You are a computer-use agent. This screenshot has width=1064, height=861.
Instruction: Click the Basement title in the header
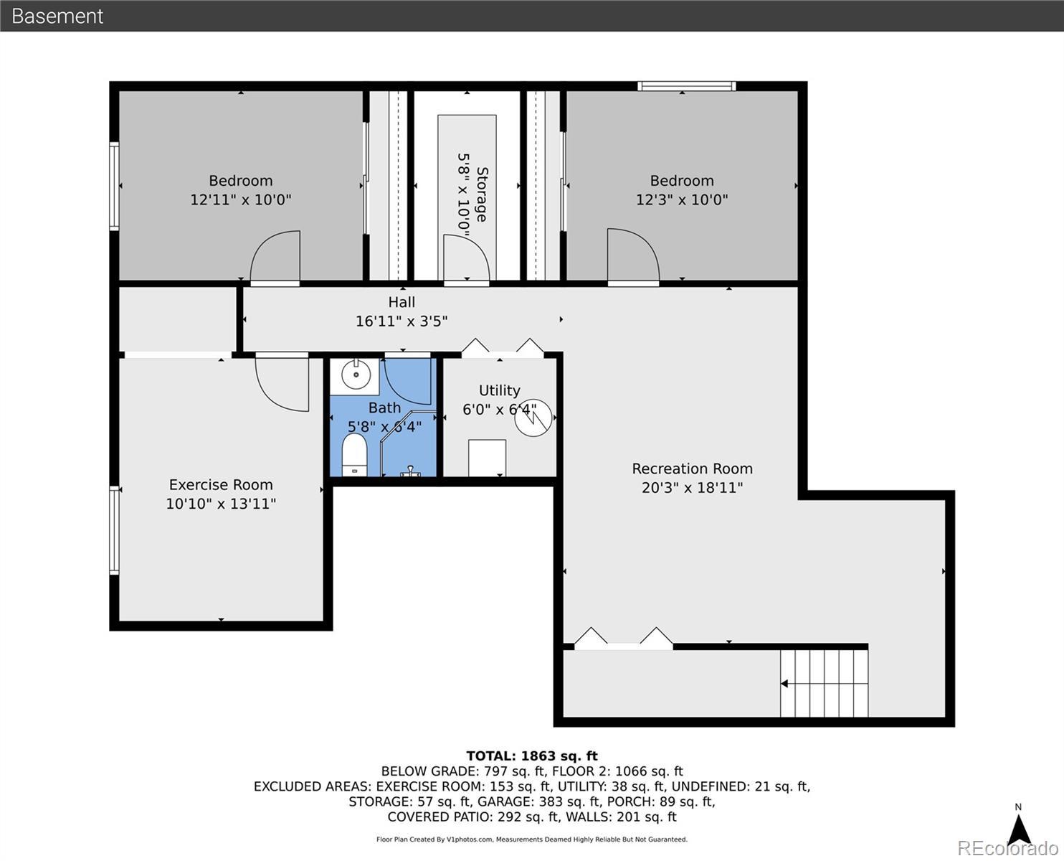pos(57,17)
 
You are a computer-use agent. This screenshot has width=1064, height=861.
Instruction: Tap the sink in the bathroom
pos(356,374)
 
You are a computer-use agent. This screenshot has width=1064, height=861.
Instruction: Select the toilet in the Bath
pos(354,455)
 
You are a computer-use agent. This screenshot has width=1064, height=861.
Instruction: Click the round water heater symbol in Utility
pos(533,418)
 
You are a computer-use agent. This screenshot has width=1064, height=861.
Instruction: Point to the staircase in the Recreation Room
pos(825,683)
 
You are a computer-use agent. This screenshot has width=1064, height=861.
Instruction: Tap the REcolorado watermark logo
pos(1007,848)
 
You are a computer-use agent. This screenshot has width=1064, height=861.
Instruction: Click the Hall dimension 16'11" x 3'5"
pos(402,321)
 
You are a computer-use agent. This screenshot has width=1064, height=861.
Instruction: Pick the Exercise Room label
pos(221,485)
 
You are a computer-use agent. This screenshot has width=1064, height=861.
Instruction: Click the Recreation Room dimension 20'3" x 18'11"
pos(693,487)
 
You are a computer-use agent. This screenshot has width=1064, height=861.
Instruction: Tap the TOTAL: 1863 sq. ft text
pos(532,756)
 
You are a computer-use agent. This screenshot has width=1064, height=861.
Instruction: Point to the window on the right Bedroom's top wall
pos(686,86)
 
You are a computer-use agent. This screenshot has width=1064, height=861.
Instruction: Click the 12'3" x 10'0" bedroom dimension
pos(682,200)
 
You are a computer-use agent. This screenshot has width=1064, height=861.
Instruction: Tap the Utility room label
pos(500,390)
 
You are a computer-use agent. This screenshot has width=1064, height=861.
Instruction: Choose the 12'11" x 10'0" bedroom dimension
pos(241,200)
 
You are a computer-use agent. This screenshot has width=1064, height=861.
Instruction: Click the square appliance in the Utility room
pos(487,458)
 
